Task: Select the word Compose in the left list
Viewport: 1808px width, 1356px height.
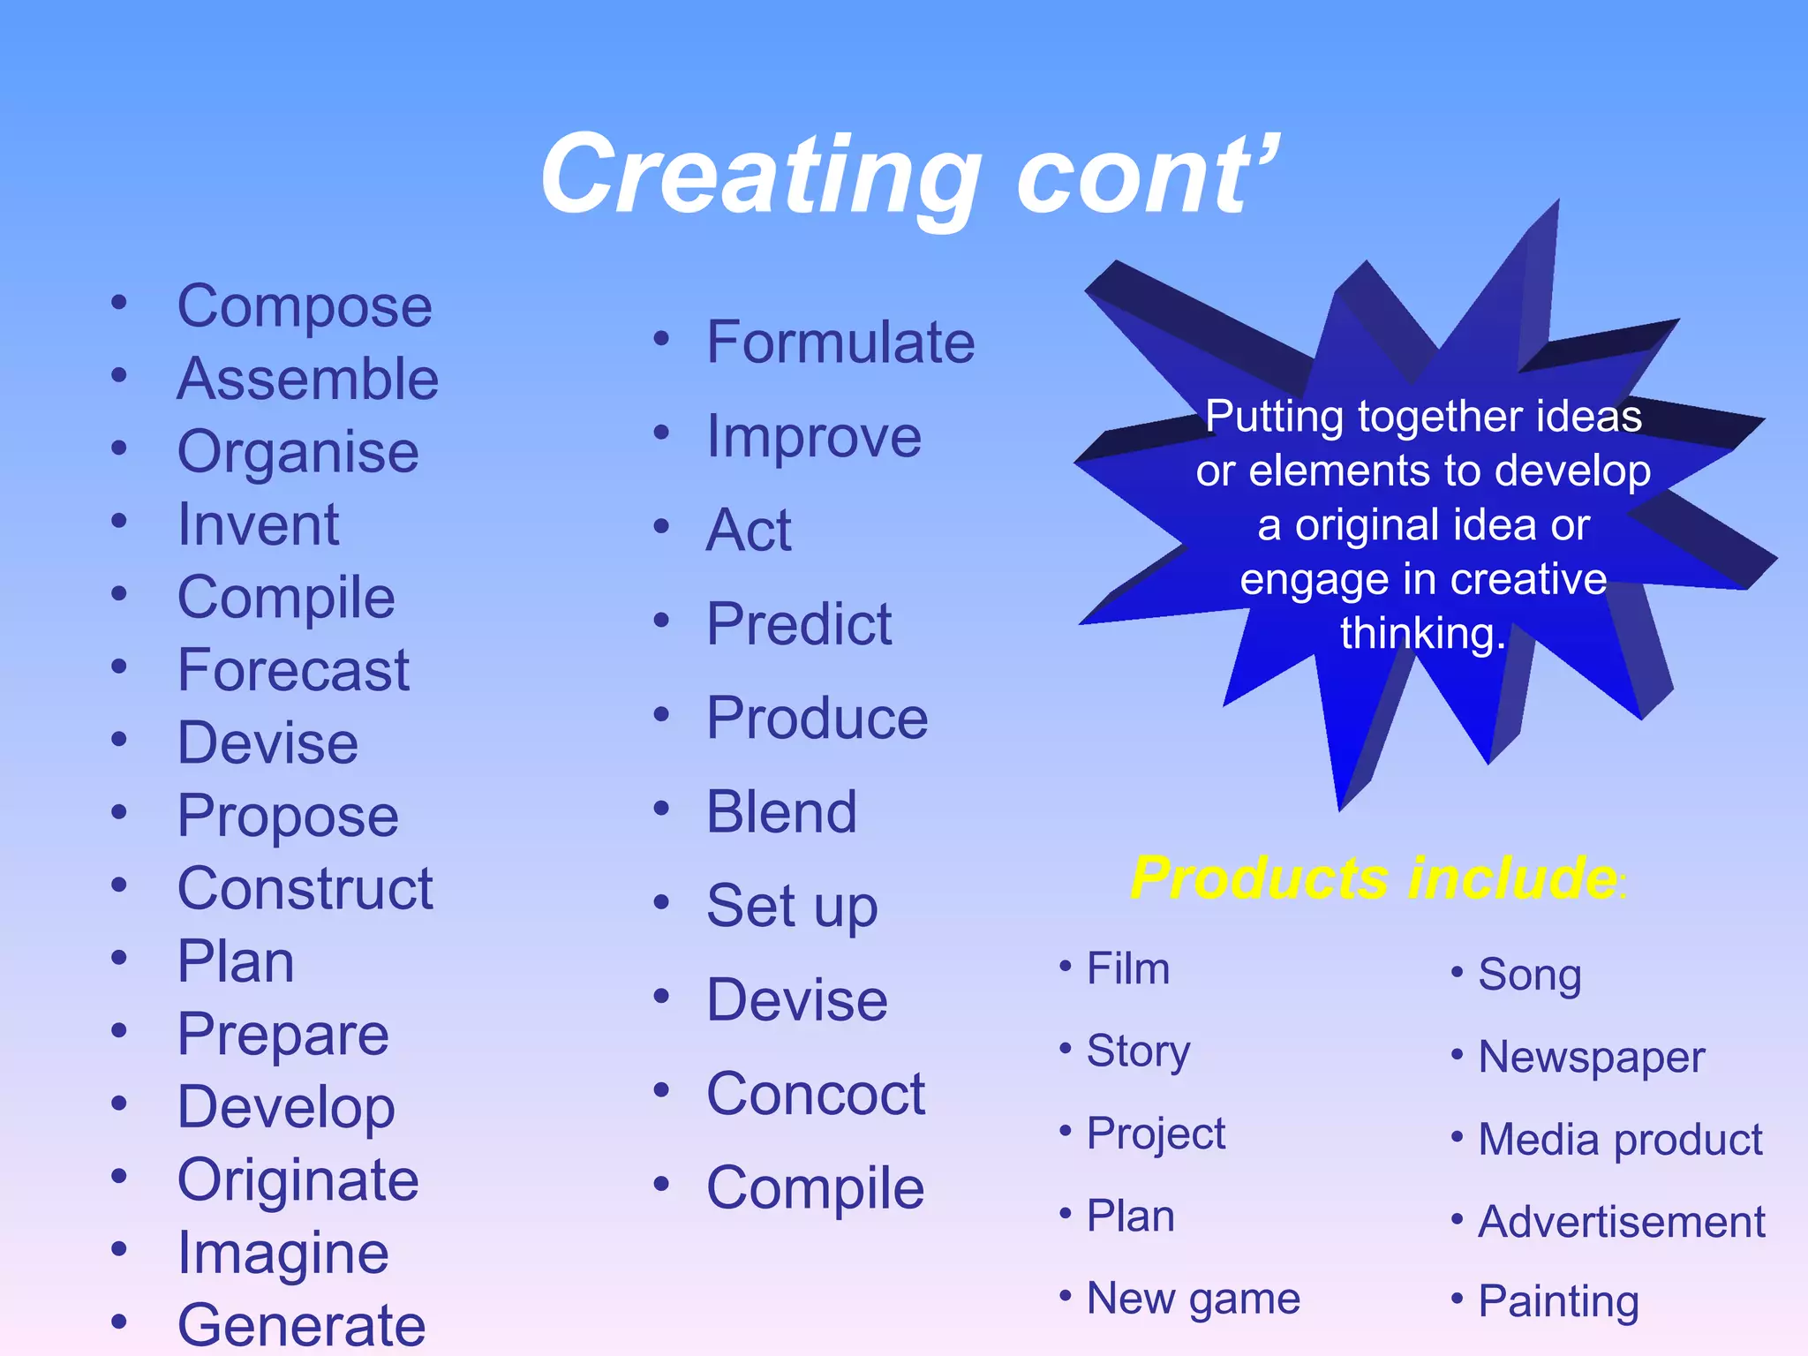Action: pos(305,307)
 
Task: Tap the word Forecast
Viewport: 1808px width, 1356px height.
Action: pos(293,670)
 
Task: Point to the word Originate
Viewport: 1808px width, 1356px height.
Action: pos(298,1180)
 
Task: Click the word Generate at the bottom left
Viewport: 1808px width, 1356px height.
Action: pos(302,1325)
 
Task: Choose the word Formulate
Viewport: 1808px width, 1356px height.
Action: pos(840,343)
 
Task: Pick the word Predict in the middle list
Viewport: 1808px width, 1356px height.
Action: pos(799,624)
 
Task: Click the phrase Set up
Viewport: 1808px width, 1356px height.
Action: pos(792,907)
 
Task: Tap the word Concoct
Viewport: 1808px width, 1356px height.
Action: pos(816,1094)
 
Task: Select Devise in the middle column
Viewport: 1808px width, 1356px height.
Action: pos(797,1000)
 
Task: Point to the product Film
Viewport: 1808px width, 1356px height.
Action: pos(1128,968)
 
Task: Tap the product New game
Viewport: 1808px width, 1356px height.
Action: pos(1194,1299)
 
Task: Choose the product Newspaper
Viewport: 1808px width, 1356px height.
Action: pos(1591,1058)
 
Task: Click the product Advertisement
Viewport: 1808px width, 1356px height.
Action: pos(1622,1223)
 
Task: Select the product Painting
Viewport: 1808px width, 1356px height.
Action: pos(1559,1302)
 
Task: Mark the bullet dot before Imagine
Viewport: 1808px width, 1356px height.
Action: pos(119,1249)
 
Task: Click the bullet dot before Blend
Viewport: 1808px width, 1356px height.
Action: pos(661,808)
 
